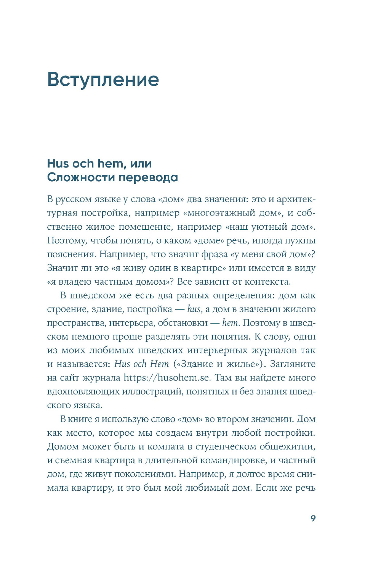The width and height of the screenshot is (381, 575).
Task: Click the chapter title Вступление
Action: tap(103, 80)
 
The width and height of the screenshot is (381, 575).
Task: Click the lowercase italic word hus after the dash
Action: tap(194, 309)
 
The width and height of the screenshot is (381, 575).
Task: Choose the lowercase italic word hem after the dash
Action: tap(230, 323)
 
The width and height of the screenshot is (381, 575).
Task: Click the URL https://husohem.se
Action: tap(166, 378)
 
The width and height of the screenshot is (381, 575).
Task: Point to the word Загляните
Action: tap(293, 364)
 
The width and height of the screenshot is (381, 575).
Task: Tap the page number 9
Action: tap(313, 519)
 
